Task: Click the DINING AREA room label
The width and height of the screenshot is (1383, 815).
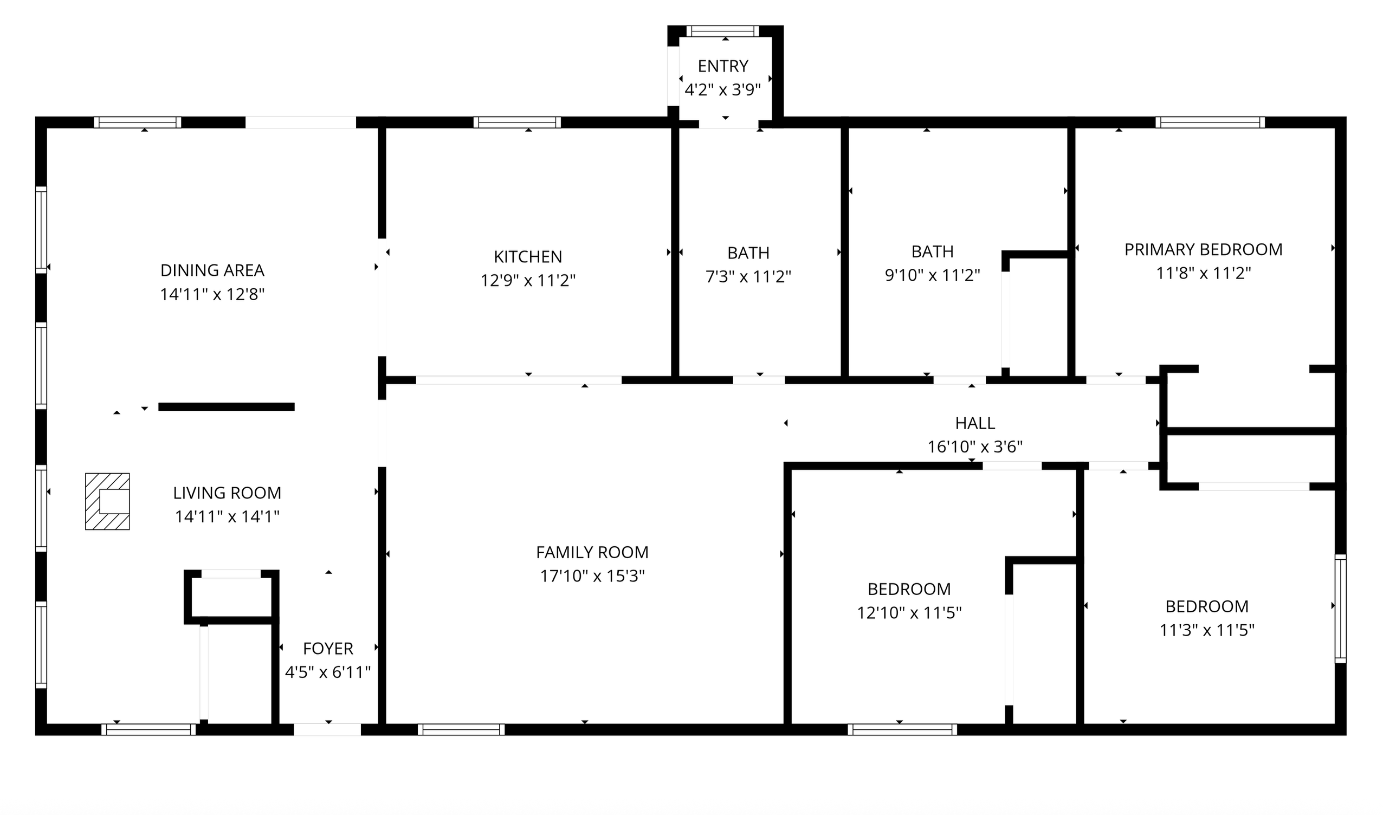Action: [212, 270]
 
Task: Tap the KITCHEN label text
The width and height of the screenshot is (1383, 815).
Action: [528, 256]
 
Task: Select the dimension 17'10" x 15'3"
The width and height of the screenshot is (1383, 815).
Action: [592, 575]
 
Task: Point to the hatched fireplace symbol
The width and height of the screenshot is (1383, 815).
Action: [108, 501]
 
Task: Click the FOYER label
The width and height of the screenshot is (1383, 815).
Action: [328, 649]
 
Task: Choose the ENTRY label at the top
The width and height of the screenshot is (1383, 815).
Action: [723, 66]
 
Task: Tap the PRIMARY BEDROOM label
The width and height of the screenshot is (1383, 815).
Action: [1204, 249]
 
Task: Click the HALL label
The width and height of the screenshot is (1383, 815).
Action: [975, 423]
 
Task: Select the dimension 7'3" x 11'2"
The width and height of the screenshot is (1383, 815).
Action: [748, 276]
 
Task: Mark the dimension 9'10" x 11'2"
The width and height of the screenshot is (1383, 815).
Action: [932, 275]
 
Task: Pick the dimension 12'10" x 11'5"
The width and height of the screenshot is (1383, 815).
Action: [909, 612]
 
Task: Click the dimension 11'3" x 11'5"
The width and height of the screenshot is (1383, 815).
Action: [1207, 630]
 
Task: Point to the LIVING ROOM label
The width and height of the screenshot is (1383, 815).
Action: [227, 493]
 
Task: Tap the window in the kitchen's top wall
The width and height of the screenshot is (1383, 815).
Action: [517, 122]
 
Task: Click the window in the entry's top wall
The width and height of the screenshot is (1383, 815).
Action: [722, 31]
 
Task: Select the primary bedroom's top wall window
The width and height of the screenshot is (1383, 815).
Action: [1210, 122]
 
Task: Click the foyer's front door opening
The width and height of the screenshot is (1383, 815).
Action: [327, 729]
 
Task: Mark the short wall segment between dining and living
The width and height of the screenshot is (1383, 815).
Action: [227, 407]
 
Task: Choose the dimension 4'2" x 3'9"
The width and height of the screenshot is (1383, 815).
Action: [723, 89]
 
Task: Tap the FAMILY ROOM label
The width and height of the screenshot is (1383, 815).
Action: [592, 552]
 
